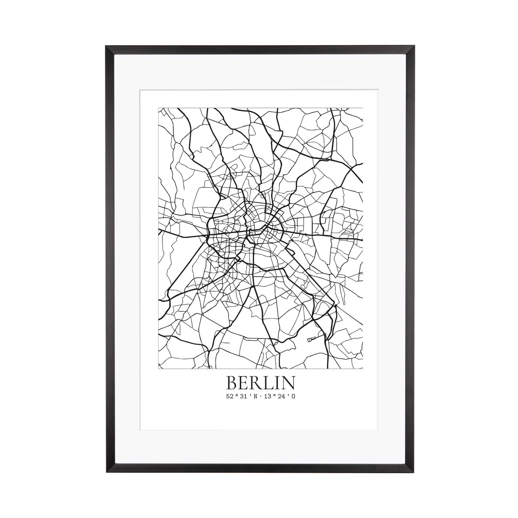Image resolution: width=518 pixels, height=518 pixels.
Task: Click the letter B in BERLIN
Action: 231,383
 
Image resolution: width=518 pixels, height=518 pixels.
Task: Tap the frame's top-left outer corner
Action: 105,46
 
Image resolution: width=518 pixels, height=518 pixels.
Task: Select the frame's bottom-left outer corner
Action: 105,472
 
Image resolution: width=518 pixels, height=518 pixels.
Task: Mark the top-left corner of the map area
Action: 158,108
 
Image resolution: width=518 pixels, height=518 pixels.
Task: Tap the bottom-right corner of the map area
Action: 363,369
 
